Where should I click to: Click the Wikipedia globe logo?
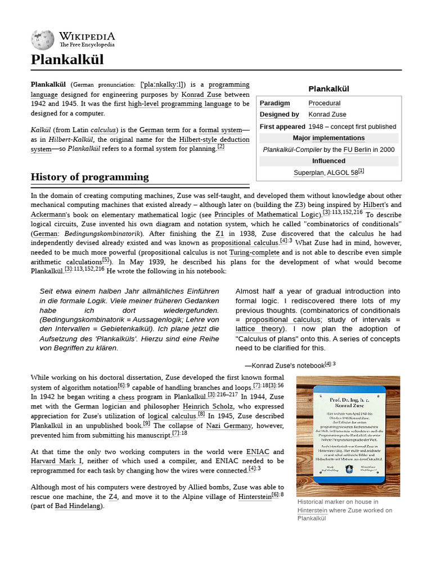coord(43,39)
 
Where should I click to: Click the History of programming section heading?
coord(89,177)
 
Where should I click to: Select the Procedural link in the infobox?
coord(324,103)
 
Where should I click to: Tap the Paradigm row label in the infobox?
coord(274,103)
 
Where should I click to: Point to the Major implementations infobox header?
coord(328,138)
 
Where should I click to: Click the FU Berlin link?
coord(357,150)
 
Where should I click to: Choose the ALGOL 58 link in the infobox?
coord(342,173)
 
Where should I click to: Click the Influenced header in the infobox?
coord(328,161)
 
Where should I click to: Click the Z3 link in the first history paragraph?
coord(299,205)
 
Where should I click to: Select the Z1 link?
coord(219,233)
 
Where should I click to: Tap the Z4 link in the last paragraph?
coord(112,497)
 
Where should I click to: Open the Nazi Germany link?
coord(229,426)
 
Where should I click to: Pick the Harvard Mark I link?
coord(56,461)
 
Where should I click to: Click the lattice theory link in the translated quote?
coord(260,329)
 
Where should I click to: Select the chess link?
coord(126,397)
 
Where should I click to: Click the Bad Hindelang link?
coord(78,506)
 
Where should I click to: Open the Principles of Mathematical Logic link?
coord(267,215)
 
